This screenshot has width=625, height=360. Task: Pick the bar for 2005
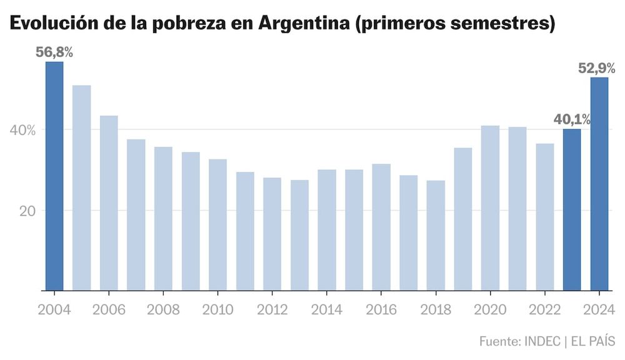coord(81,187)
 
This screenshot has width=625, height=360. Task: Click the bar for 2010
coord(217,225)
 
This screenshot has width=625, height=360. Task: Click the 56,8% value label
coord(54,52)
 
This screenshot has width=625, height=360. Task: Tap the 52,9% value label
coord(597,68)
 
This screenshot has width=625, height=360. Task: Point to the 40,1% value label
coord(572,119)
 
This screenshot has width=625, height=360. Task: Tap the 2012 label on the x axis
coord(272,309)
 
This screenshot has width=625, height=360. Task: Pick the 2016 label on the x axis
coord(381,309)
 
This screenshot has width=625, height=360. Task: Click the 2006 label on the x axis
coord(109,309)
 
